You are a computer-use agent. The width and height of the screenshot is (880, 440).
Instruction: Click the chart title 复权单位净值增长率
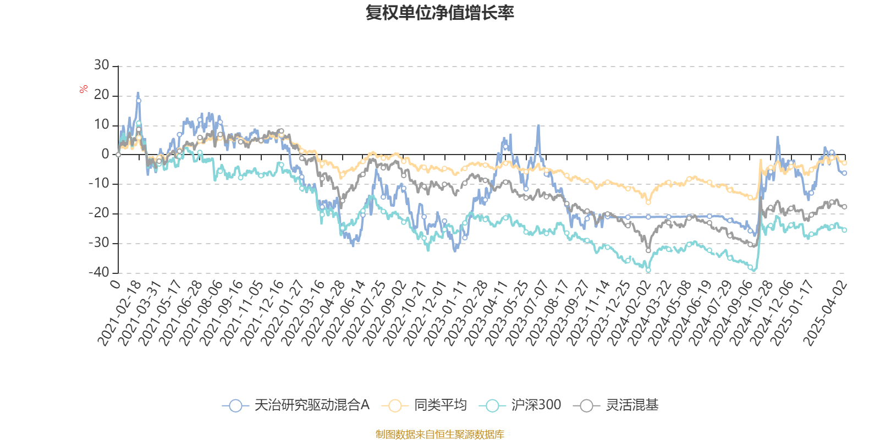click(440, 13)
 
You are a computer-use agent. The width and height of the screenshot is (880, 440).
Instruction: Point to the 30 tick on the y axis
click(101, 65)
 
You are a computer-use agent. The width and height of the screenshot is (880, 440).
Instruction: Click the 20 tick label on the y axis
click(101, 95)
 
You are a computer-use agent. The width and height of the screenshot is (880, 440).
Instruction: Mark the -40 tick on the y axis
click(98, 272)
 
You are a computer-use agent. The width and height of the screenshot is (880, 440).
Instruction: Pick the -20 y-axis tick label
click(98, 213)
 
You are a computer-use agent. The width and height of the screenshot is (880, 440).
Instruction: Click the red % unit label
click(84, 89)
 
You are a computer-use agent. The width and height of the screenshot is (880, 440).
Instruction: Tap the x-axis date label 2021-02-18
click(120, 313)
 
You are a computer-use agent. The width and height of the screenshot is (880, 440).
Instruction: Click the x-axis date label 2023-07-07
click(528, 313)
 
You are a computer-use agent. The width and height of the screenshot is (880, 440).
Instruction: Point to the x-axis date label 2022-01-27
click(283, 313)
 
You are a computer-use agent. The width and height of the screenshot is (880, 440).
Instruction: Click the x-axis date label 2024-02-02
click(630, 313)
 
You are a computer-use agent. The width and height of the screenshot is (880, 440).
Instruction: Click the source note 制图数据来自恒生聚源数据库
click(440, 435)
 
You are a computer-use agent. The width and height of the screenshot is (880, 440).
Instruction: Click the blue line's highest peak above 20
click(138, 94)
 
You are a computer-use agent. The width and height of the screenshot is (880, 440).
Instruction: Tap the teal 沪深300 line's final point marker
click(844, 230)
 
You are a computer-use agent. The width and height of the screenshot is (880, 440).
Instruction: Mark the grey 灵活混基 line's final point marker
click(844, 207)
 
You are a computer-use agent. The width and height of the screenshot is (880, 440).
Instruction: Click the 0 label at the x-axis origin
click(115, 284)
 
